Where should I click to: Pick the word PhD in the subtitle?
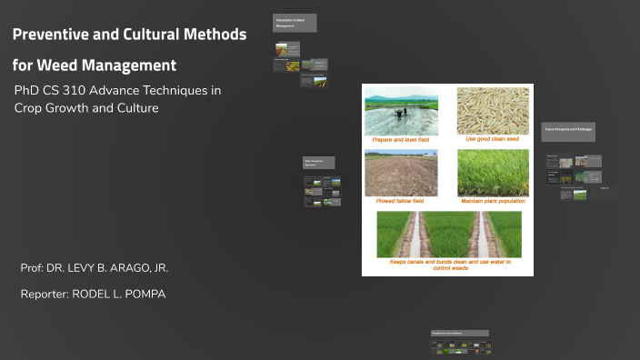coord(26,91)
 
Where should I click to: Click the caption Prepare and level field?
coord(401,140)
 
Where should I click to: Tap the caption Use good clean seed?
coord(493,139)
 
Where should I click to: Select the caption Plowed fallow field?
coord(401,201)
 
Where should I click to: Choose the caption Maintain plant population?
coord(493,201)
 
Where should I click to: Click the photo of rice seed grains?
coord(493,111)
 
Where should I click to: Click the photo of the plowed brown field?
coord(401,173)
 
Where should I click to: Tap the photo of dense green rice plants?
coord(493,173)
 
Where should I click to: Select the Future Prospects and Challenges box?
coord(568,131)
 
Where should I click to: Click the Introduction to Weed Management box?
coord(295,23)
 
